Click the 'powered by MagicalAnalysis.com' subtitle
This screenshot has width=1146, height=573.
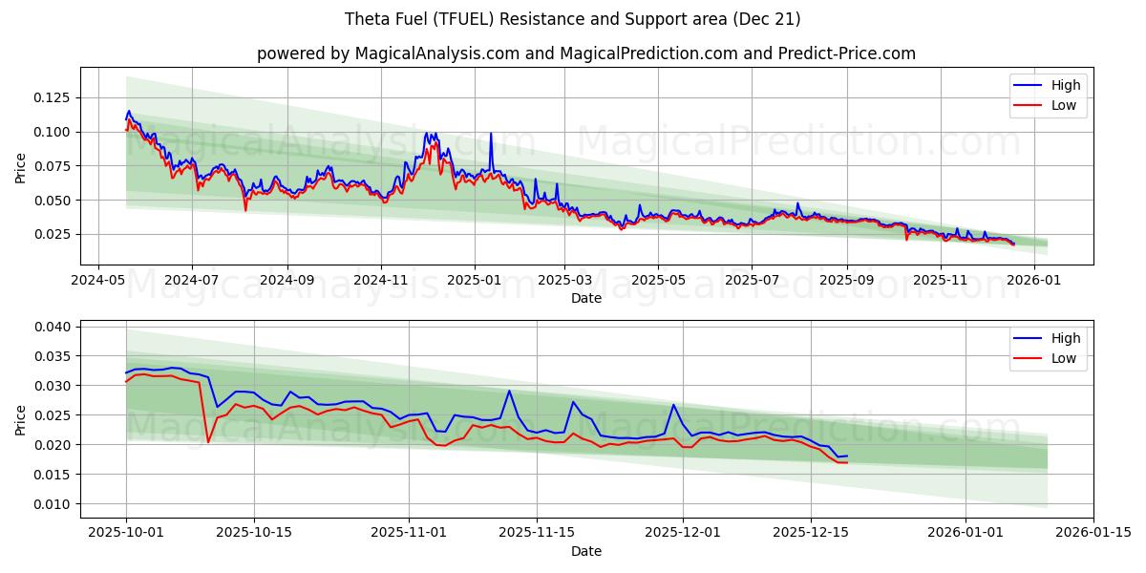(x=585, y=53)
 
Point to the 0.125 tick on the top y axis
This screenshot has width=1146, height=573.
(x=53, y=97)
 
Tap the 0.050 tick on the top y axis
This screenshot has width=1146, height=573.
(x=53, y=201)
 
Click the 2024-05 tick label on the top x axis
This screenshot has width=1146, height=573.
(x=98, y=281)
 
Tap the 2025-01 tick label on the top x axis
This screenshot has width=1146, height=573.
(x=474, y=281)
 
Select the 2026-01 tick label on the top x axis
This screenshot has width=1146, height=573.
(x=1034, y=281)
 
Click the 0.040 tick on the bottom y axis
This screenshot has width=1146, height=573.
(x=53, y=327)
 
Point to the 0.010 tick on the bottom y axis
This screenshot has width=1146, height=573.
(x=53, y=504)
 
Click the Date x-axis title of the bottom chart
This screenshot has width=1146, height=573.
(x=585, y=551)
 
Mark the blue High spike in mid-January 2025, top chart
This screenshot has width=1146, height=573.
(x=491, y=134)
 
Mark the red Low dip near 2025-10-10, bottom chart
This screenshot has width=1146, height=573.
(x=208, y=441)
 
